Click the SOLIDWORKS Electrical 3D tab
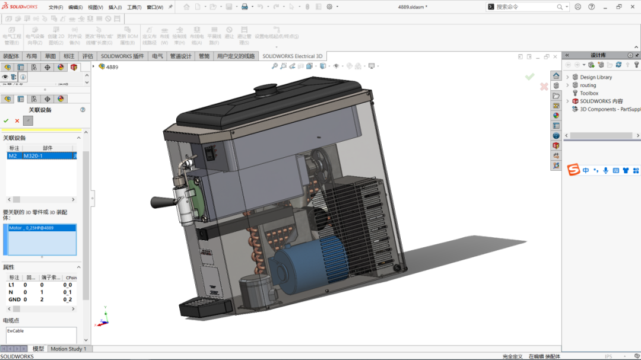(292, 56)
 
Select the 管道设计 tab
(180, 56)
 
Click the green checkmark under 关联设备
(7, 121)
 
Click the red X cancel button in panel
(17, 121)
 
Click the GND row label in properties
(14, 300)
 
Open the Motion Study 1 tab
(68, 349)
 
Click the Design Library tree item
(595, 77)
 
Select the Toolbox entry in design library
(589, 93)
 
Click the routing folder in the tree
(588, 85)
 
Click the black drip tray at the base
(205, 308)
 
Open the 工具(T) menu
(134, 7)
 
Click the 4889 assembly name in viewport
(112, 67)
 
